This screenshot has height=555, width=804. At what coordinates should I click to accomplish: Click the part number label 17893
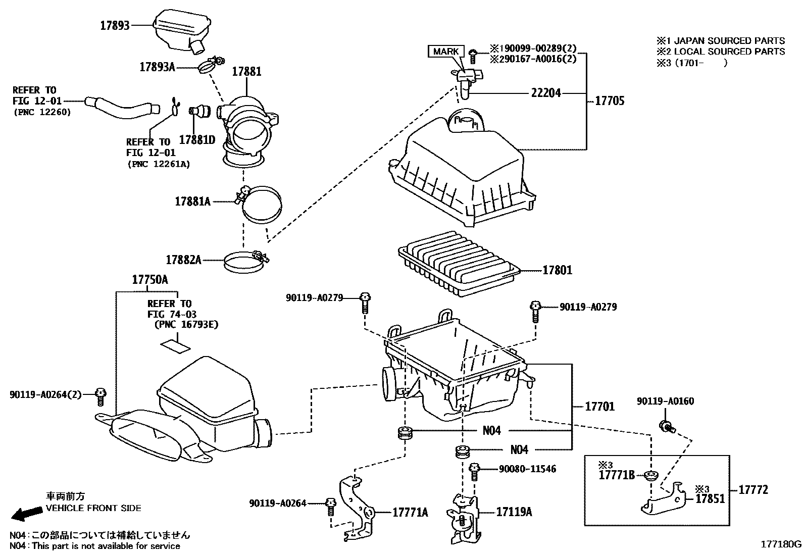tap(115, 26)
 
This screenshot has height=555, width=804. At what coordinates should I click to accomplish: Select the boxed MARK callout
tap(446, 51)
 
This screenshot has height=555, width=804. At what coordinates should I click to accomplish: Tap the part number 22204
tap(545, 93)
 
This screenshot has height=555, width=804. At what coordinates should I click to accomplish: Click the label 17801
tap(557, 270)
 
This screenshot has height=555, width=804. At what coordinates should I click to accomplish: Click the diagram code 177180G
tap(781, 544)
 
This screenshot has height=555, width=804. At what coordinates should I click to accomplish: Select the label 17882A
tap(183, 260)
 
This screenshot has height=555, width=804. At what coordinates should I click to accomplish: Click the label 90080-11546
tap(527, 469)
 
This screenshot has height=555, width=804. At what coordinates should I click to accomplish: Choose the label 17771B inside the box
tap(616, 475)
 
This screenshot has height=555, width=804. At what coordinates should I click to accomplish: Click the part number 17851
tap(710, 499)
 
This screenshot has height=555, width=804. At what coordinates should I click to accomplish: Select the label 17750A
tap(150, 280)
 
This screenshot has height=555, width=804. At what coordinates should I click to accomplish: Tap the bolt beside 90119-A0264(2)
tap(100, 396)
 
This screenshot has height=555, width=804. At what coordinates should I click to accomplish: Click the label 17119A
tap(514, 512)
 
